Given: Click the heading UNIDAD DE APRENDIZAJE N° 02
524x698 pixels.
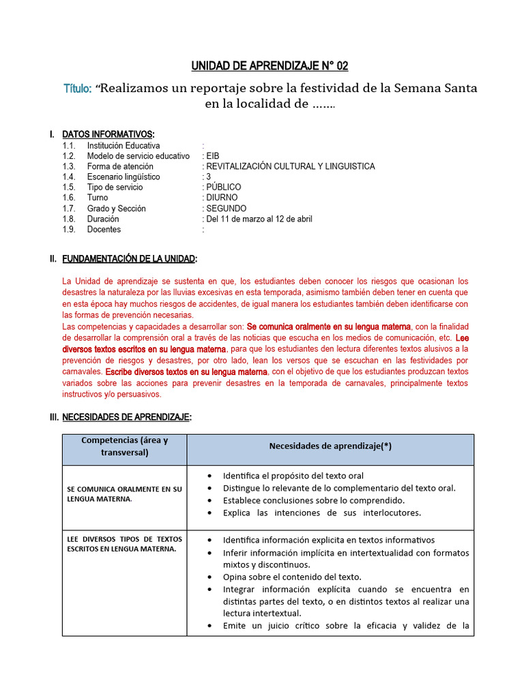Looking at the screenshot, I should click(x=269, y=66).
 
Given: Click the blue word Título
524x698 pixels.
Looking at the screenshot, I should click(x=78, y=89).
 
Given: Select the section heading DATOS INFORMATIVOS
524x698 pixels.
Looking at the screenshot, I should click(x=108, y=134).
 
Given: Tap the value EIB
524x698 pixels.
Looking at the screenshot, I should click(x=212, y=156).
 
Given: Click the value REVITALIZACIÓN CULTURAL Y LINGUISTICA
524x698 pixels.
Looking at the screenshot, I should click(x=290, y=166).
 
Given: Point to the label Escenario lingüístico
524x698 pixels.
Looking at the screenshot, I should click(x=123, y=177).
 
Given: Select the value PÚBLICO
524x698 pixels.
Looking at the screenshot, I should click(x=223, y=187).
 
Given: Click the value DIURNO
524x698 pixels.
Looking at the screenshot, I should click(x=222, y=198).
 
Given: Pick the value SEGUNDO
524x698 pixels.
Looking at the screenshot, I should click(x=226, y=209).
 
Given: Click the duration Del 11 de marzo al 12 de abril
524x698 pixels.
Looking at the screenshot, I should click(x=259, y=219).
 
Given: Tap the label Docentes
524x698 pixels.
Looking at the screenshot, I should click(x=104, y=230).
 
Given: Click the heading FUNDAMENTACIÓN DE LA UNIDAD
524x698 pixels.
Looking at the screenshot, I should click(x=129, y=259).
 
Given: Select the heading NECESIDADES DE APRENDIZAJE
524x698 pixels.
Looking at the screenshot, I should click(x=126, y=417).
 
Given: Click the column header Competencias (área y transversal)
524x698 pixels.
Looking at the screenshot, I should click(x=124, y=446).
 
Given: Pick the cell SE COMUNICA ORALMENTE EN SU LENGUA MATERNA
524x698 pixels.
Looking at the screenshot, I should click(x=124, y=494).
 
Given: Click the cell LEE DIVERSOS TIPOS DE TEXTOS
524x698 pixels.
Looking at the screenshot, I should click(x=124, y=544).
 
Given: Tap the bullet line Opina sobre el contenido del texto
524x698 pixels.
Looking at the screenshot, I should click(x=292, y=577).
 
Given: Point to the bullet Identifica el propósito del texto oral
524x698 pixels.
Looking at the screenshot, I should click(x=293, y=475).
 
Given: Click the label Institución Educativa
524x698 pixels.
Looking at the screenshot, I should click(x=123, y=145).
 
